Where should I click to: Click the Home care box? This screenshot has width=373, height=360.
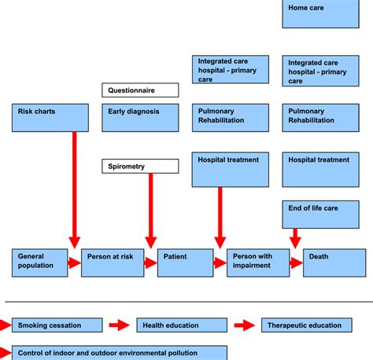pos(320,13)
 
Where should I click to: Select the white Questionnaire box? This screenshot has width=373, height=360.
pos(140,90)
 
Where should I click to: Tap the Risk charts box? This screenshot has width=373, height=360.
pos(50,118)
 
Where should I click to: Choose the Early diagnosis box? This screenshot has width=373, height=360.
pos(140,118)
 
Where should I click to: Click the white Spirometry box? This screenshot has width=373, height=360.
pos(140,166)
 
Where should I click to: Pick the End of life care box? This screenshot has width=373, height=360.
pos(320,215)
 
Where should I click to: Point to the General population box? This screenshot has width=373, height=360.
pos(40,263)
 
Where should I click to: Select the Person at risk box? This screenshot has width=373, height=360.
pos(113,263)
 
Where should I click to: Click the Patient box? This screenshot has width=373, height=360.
pos(185,263)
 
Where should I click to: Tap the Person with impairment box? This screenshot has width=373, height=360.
pos(258,263)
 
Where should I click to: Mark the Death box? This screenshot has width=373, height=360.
pos(334,263)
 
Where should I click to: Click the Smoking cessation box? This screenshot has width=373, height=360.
pos(57,325)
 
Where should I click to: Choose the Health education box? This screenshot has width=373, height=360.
pos(182,325)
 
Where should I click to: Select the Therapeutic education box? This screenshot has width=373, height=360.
pos(307,325)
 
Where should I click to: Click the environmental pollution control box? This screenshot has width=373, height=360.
pos(120,353)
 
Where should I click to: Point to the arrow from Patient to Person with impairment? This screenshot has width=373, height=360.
pos(220,263)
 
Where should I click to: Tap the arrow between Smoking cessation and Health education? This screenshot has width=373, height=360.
pos(120,325)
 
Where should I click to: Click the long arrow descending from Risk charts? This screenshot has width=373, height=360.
pos(75,190)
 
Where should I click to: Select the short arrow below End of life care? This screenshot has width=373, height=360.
pos(295,238)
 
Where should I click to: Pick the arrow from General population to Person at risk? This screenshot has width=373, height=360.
pos(75,263)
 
